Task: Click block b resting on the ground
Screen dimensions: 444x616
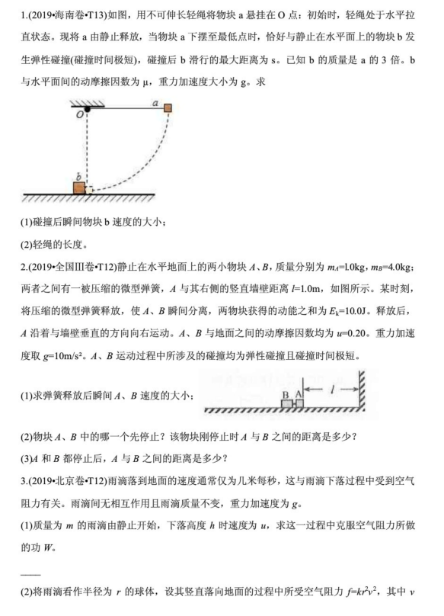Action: coord(79,188)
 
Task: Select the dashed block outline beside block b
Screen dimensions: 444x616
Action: coord(89,188)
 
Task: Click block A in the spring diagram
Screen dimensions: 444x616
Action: coord(299,403)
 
